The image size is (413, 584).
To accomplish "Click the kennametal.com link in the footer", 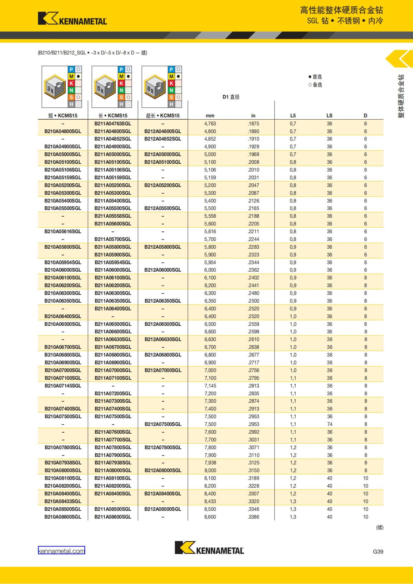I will [x=61, y=551].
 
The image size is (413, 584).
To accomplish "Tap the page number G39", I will [x=378, y=551].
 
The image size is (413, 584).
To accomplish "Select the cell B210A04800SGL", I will [x=63, y=131].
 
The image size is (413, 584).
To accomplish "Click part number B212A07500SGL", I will [x=163, y=424].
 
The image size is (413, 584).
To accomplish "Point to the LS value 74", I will [x=329, y=424].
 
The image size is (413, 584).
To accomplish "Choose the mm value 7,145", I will [x=210, y=386].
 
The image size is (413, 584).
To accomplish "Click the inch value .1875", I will [x=253, y=123].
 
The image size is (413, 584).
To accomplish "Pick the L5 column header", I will [x=293, y=116].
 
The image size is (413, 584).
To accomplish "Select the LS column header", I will [x=329, y=116].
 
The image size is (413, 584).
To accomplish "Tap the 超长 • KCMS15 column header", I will [x=162, y=116].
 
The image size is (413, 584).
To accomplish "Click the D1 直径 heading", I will [x=231, y=97].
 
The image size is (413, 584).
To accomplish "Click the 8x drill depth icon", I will [x=155, y=87].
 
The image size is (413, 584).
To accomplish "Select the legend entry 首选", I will [x=315, y=77].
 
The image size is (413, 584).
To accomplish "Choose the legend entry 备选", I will [x=315, y=85].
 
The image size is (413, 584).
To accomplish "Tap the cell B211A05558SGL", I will [x=113, y=216].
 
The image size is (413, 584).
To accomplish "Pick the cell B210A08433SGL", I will [x=63, y=501].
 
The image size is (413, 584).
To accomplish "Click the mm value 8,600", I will [x=210, y=517].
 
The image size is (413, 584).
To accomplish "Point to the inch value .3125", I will [x=254, y=463].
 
